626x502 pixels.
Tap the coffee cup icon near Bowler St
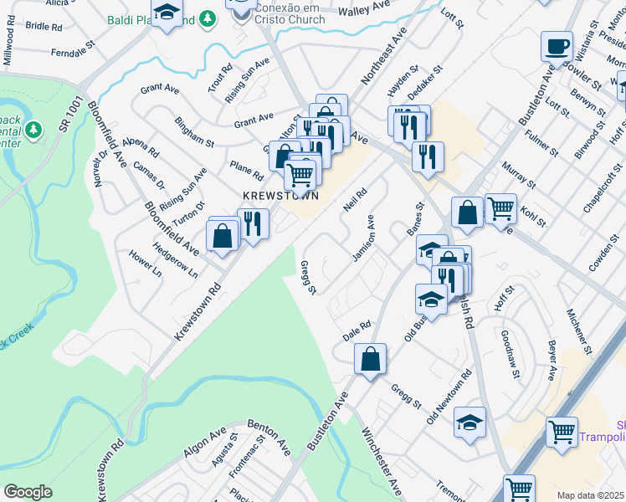[557, 47]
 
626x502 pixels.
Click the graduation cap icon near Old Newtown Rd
[470, 423]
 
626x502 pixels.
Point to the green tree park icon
[33, 130]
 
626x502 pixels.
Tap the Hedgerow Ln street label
[176, 260]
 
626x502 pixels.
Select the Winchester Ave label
[381, 463]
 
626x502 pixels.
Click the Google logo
[28, 492]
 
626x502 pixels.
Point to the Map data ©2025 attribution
[591, 495]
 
